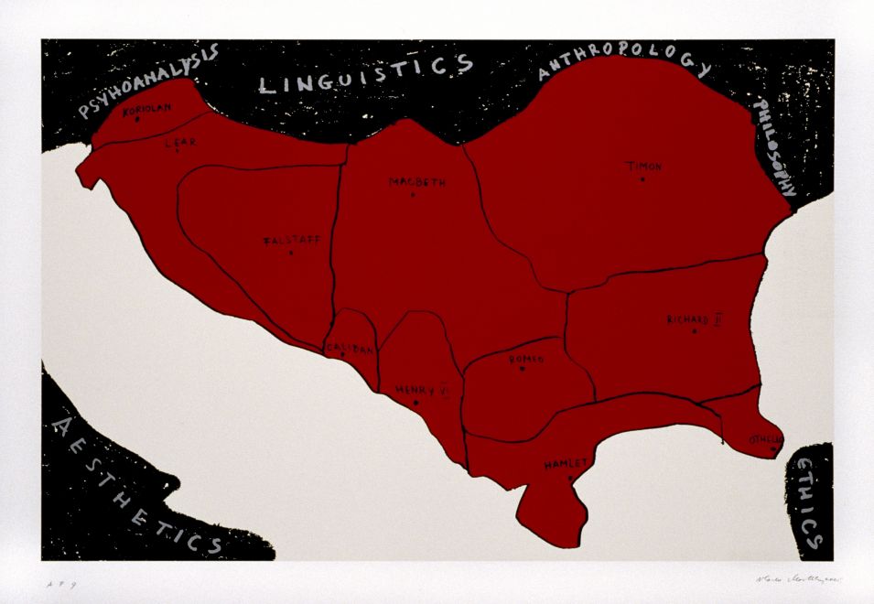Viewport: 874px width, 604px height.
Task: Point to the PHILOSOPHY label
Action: (774, 147)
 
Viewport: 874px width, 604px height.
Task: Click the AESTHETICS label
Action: (135, 485)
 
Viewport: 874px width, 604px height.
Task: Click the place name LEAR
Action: (174, 143)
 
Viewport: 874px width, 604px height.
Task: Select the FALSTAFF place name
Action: (291, 241)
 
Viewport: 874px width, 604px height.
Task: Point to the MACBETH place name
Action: (417, 182)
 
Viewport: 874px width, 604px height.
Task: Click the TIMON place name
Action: (643, 167)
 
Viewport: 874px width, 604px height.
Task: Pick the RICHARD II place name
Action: (695, 319)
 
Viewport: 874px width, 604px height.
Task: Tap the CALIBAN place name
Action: (349, 348)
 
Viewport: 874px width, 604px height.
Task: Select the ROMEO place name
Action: (526, 360)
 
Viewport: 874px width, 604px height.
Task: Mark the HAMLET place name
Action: (566, 464)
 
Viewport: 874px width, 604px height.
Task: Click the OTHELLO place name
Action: (766, 439)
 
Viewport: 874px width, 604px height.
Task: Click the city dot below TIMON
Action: (642, 179)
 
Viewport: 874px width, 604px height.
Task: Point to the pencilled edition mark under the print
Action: (56, 582)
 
